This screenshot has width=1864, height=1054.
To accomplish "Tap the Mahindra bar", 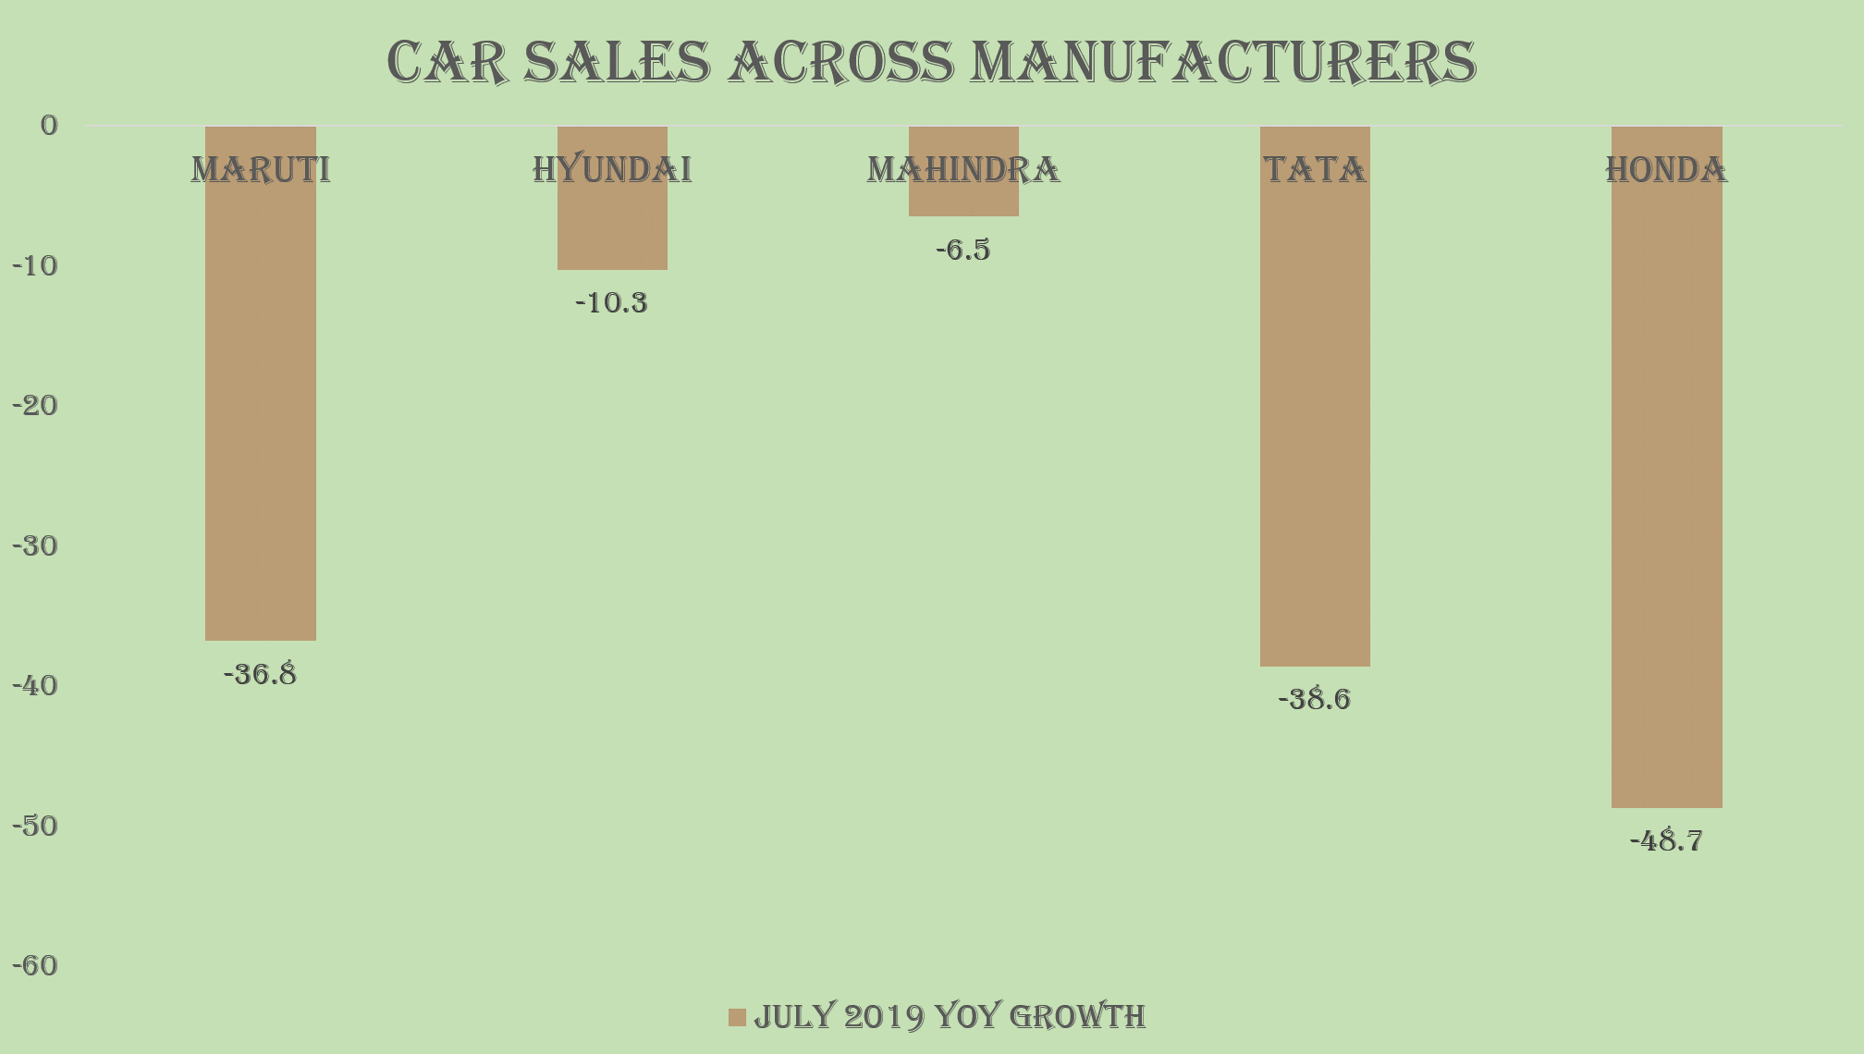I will coord(963,199).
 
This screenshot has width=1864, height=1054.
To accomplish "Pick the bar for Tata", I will coord(1315,416).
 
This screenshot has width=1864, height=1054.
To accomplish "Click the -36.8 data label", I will coord(261,675).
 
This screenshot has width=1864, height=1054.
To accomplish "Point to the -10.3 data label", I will coord(612,303).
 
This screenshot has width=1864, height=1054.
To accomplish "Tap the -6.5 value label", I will coord(963,251).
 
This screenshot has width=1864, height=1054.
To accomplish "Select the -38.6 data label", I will coord(1315,700).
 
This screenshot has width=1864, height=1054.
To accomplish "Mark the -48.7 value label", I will coord(1666,841).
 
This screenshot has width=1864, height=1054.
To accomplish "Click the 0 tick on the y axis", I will coord(49,126).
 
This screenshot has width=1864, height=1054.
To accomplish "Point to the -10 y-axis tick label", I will coord(35,266).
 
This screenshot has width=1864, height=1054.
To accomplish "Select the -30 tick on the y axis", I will coord(35,546).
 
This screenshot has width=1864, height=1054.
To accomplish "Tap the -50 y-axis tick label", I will coord(35,827).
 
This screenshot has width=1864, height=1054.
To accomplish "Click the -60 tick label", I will coord(35,966).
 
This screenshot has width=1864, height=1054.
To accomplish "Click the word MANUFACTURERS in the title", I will coord(1222,63).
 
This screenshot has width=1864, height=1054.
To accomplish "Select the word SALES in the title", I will coord(618,63).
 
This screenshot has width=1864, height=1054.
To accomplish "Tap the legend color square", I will coord(737,1017).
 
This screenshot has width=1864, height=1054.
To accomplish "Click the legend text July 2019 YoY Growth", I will coord(950,1017).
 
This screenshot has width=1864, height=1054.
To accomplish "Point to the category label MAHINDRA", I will coord(963,170).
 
